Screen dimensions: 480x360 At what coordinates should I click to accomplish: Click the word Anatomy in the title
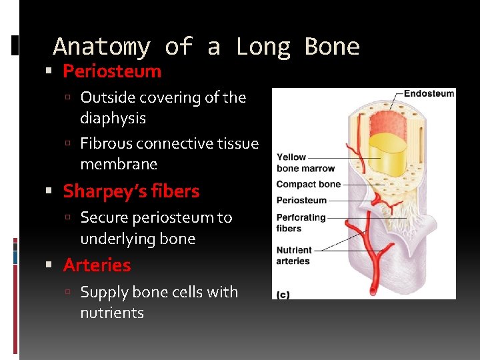point(101,47)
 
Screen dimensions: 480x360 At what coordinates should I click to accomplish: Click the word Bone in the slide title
point(331,47)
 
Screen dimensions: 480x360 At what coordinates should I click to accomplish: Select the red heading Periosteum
point(112,71)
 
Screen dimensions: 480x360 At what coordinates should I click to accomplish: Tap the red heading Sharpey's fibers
point(131,191)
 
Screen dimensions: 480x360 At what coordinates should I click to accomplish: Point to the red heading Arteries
point(97,265)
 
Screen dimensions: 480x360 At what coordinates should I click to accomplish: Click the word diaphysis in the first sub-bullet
point(113,118)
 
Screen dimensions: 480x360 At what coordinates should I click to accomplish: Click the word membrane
point(119,164)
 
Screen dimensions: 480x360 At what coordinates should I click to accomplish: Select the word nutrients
point(112,313)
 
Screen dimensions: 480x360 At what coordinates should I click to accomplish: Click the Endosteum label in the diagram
point(429,94)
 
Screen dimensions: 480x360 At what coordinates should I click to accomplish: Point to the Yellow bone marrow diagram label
point(305,163)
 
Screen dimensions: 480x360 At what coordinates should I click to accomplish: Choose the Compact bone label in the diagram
point(308,184)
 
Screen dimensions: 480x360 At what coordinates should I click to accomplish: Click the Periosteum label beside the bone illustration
point(301,200)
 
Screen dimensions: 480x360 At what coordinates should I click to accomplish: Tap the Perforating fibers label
point(301,223)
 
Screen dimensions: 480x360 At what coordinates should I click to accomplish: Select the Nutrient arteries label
point(294,256)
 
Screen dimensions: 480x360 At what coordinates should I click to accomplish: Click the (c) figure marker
point(283,295)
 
